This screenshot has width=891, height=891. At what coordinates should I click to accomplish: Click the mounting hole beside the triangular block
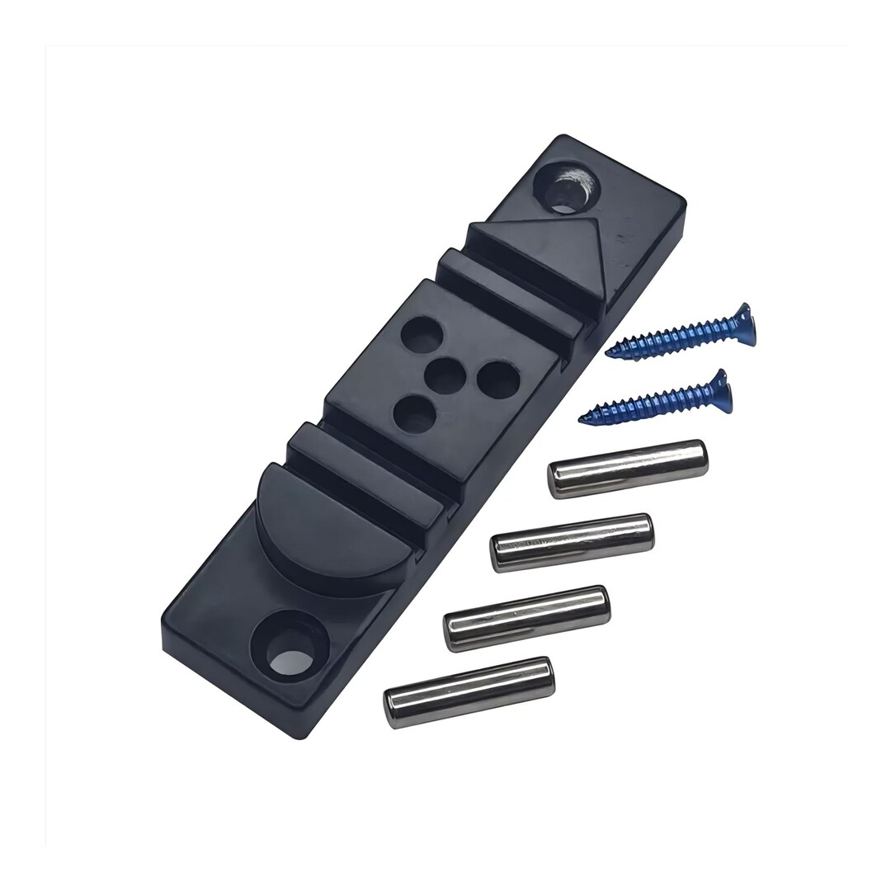(568, 186)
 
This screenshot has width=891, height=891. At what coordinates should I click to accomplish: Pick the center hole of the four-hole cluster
(446, 376)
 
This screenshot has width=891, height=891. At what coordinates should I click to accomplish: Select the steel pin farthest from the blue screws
(469, 691)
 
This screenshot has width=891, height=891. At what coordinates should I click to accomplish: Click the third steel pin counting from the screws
(526, 618)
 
